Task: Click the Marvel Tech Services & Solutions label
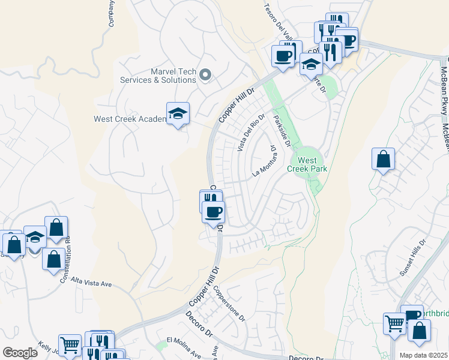tap(158, 76)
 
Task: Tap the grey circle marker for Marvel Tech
tap(205, 74)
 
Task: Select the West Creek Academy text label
tap(130, 119)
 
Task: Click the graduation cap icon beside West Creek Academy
tap(178, 114)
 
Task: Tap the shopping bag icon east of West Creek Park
tap(383, 160)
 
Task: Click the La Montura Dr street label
tap(264, 162)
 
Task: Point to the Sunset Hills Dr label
tap(413, 259)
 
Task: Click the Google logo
tap(19, 353)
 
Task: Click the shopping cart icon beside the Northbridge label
tap(394, 323)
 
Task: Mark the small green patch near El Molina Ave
tap(160, 346)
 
